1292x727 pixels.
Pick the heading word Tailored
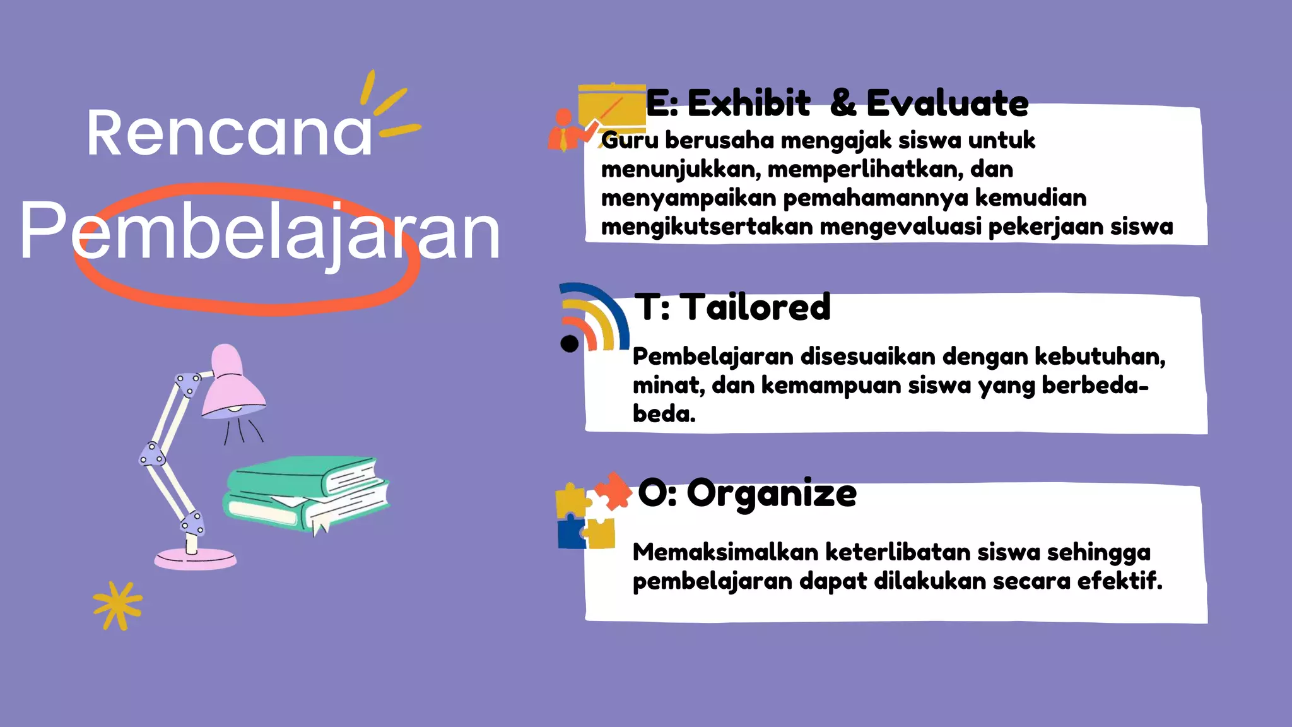tap(757, 307)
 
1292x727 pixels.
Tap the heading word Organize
tap(771, 494)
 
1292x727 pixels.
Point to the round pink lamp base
tap(196, 559)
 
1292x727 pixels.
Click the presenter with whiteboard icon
tap(596, 117)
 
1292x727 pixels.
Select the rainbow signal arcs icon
tap(596, 316)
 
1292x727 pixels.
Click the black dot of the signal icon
tap(569, 343)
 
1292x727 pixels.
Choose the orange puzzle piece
tap(612, 490)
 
